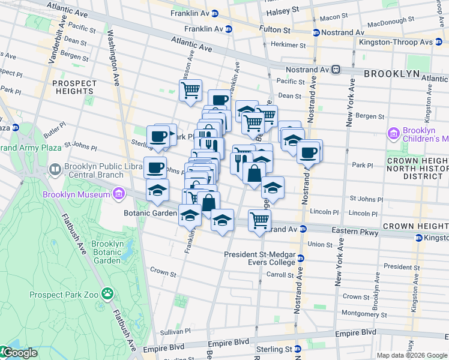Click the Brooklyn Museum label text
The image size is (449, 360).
(76, 194)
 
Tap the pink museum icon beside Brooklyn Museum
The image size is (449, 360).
(119, 194)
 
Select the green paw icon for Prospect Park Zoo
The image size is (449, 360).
(107, 294)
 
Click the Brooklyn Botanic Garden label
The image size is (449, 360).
(107, 252)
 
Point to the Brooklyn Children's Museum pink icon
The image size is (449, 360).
(394, 132)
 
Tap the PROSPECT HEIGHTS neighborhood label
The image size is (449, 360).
(74, 88)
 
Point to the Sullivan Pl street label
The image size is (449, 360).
(175, 331)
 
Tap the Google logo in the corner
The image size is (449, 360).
(19, 353)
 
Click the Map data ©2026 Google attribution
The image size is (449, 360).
(411, 355)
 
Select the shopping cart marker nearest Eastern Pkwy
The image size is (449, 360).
(259, 220)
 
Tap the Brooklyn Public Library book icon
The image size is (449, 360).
(55, 170)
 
